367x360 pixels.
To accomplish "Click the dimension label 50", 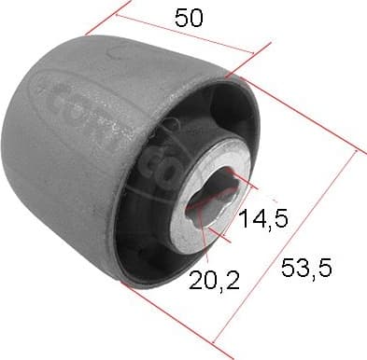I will (184, 18).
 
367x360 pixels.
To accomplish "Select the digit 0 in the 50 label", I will (193, 18).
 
